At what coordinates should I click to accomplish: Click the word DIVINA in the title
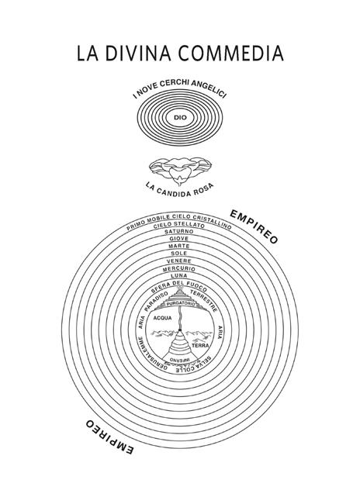coord(138,53)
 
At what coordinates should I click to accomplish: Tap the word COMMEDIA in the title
coord(231,53)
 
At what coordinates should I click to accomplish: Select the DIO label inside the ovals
coord(180,118)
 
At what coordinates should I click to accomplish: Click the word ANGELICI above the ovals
coord(209,90)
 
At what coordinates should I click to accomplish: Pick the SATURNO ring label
coord(179,231)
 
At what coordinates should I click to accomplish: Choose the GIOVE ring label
coord(179,239)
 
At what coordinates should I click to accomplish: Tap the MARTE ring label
coord(179,247)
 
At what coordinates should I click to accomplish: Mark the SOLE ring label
coord(179,254)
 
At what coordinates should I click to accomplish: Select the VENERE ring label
coord(179,261)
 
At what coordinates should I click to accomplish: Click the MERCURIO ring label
coord(179,269)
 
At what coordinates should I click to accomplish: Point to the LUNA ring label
coord(179,276)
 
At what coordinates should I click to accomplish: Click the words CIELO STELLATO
coord(179,225)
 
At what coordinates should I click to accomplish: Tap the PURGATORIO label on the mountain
coord(181,304)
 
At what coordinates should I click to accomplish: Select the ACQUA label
coord(162,318)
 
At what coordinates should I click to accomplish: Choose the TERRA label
coord(200,346)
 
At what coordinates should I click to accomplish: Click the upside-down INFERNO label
coord(180,359)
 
